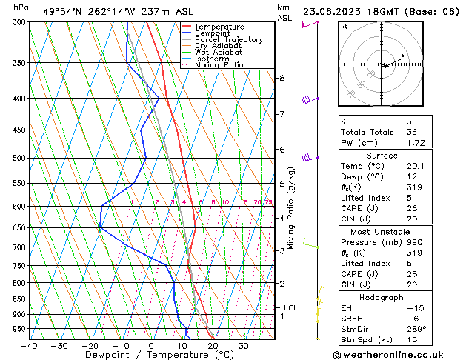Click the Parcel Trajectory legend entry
pyautogui.click(x=228, y=40)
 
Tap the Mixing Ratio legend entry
pyautogui.click(x=219, y=65)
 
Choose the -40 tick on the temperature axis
pyautogui.click(x=29, y=346)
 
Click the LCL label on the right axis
pyautogui.click(x=290, y=308)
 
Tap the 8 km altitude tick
pyautogui.click(x=282, y=78)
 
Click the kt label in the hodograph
pyautogui.click(x=344, y=27)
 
